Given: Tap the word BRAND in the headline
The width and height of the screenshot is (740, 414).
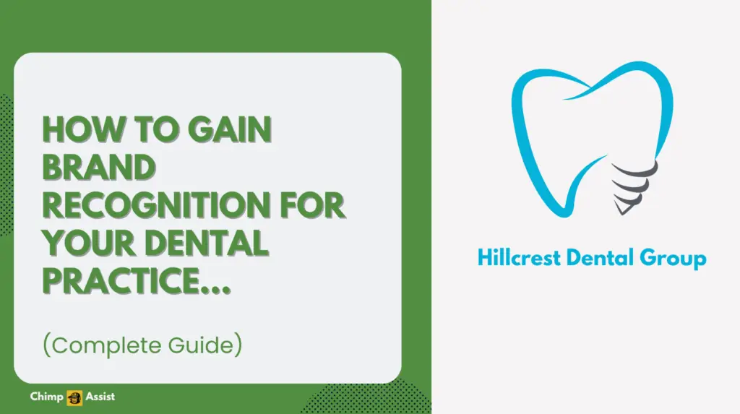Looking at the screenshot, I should coord(99,168).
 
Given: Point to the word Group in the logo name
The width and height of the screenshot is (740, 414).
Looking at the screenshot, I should coord(677,257).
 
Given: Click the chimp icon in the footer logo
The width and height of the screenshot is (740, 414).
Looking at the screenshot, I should coord(74,397).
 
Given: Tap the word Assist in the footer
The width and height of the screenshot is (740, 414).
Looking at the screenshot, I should coord(99,397).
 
